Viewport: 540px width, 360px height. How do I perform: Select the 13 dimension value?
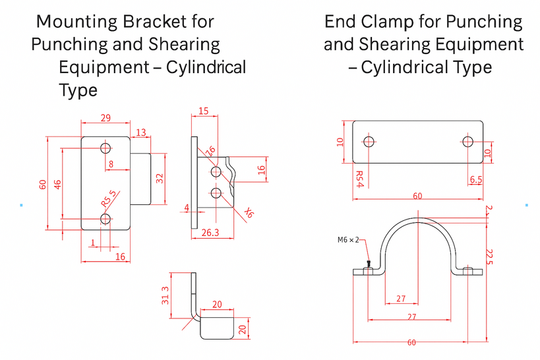140,133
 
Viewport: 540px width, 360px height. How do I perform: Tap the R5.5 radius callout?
108,198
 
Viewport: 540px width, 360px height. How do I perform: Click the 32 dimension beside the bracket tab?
160,178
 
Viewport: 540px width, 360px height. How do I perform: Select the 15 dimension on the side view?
204,111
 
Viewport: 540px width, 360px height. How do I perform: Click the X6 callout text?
249,212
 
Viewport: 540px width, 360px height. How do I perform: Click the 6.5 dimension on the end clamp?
476,179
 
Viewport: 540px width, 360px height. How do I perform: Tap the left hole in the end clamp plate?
369,141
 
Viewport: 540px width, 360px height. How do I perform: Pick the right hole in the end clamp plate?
467,141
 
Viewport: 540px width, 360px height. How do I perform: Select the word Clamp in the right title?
388,21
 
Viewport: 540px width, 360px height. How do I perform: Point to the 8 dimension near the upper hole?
110,164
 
